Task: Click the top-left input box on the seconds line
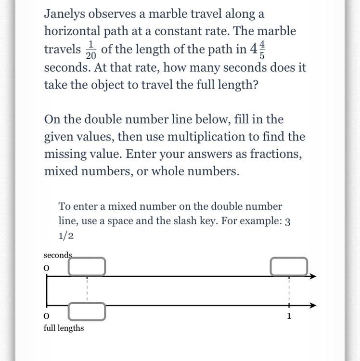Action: point(87,267)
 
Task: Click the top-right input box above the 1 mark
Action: point(289,267)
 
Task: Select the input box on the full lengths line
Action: point(87,312)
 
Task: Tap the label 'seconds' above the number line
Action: point(58,255)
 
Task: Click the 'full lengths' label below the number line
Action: point(64,328)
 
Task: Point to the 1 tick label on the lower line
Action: point(289,316)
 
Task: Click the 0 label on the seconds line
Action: point(47,268)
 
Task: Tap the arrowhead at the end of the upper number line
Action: point(313,276)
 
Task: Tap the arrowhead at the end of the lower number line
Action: point(313,305)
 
